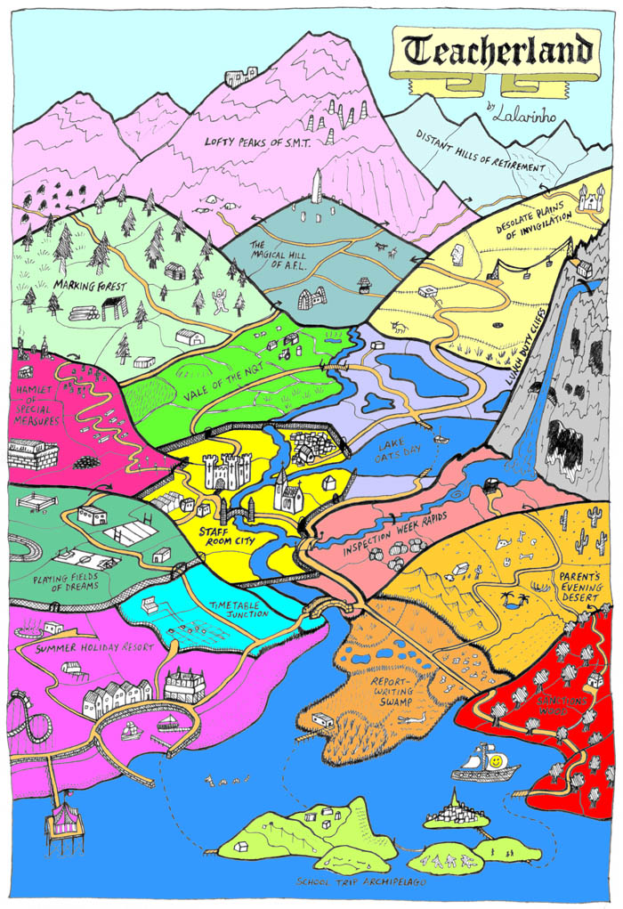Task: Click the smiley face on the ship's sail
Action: click(x=492, y=759)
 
